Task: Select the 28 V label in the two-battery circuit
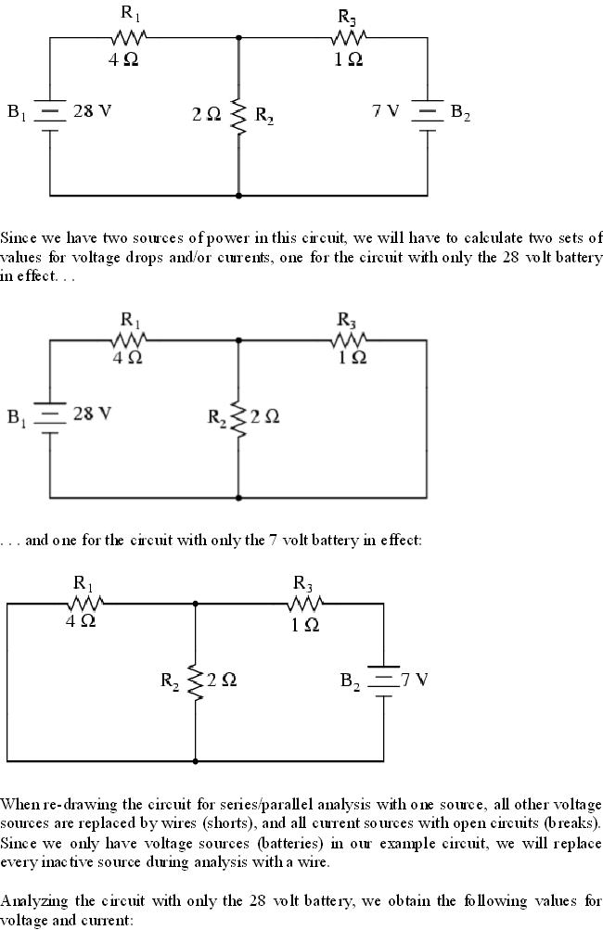point(92,111)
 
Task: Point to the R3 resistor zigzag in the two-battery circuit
point(349,37)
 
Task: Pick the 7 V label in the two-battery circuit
point(385,111)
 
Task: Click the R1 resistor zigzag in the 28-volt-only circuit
point(129,340)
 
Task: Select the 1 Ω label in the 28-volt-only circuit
point(350,357)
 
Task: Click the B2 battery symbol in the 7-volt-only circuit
point(383,680)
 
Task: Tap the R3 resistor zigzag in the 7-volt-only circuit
point(303,603)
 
